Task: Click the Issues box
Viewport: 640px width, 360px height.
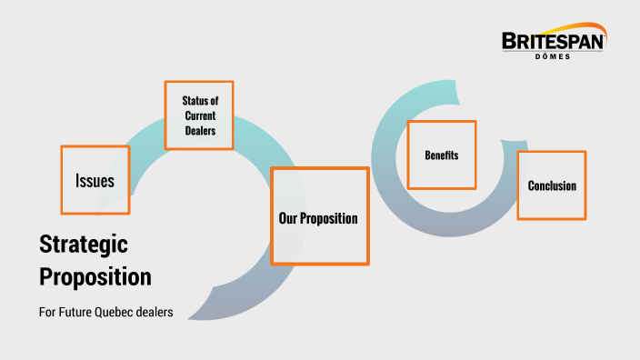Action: pyautogui.click(x=95, y=180)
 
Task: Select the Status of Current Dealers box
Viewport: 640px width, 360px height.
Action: pyautogui.click(x=198, y=115)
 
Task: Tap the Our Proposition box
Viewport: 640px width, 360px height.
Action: pyautogui.click(x=319, y=216)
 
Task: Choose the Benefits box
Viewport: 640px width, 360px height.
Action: pyautogui.click(x=441, y=155)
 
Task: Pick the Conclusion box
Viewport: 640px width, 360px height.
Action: pyautogui.click(x=551, y=185)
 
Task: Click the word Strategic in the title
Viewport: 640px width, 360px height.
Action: pyautogui.click(x=84, y=244)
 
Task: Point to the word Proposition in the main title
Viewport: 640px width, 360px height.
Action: pyautogui.click(x=95, y=275)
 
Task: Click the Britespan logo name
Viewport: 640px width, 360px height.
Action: pyautogui.click(x=553, y=41)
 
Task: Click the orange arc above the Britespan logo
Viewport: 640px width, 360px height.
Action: pyautogui.click(x=568, y=27)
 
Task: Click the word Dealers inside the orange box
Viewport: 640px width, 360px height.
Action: pyautogui.click(x=199, y=131)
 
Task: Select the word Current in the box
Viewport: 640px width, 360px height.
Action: pyautogui.click(x=199, y=115)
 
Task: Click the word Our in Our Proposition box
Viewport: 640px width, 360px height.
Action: pyautogui.click(x=288, y=218)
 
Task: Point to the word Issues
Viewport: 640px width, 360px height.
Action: pyautogui.click(x=95, y=181)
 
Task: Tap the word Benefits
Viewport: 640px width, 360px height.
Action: pyautogui.click(x=441, y=155)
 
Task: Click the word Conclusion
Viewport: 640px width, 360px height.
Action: pyautogui.click(x=552, y=185)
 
